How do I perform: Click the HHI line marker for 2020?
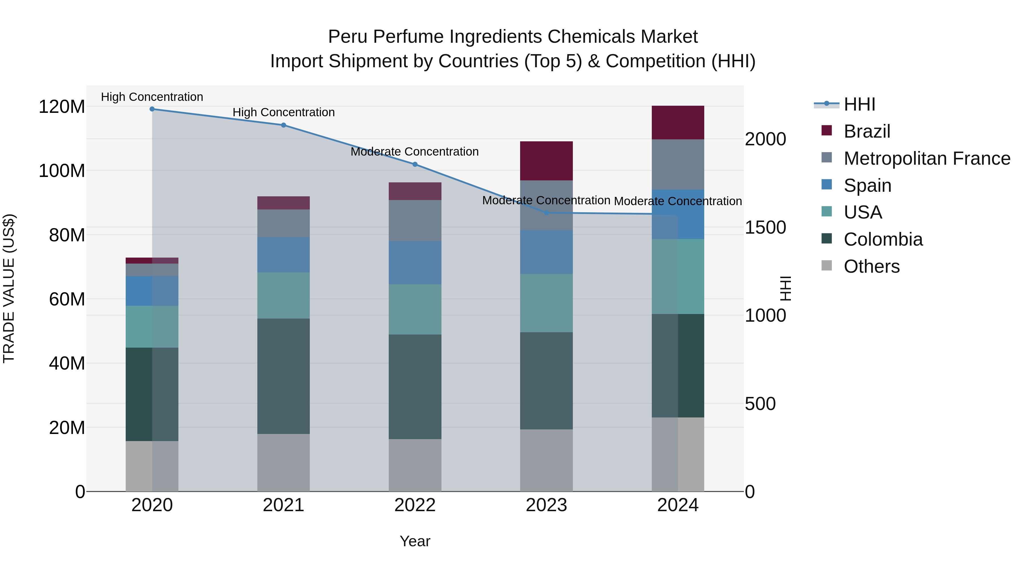point(152,109)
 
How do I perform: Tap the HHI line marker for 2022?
point(415,164)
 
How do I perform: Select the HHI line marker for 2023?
point(546,213)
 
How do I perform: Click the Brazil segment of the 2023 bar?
point(546,161)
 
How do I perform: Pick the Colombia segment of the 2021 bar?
point(284,376)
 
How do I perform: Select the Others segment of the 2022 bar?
point(415,465)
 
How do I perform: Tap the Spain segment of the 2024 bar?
point(678,214)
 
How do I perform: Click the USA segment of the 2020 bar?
point(152,327)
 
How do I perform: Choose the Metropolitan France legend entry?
point(927,158)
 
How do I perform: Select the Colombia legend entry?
point(883,239)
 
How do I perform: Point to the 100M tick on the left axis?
point(62,171)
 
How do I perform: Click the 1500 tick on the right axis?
point(765,227)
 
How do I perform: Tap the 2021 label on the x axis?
point(284,505)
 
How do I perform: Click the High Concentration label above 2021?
point(284,113)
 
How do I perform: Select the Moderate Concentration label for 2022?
point(415,152)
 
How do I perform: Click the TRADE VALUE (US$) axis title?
point(9,288)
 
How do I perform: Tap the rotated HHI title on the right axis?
point(786,288)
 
